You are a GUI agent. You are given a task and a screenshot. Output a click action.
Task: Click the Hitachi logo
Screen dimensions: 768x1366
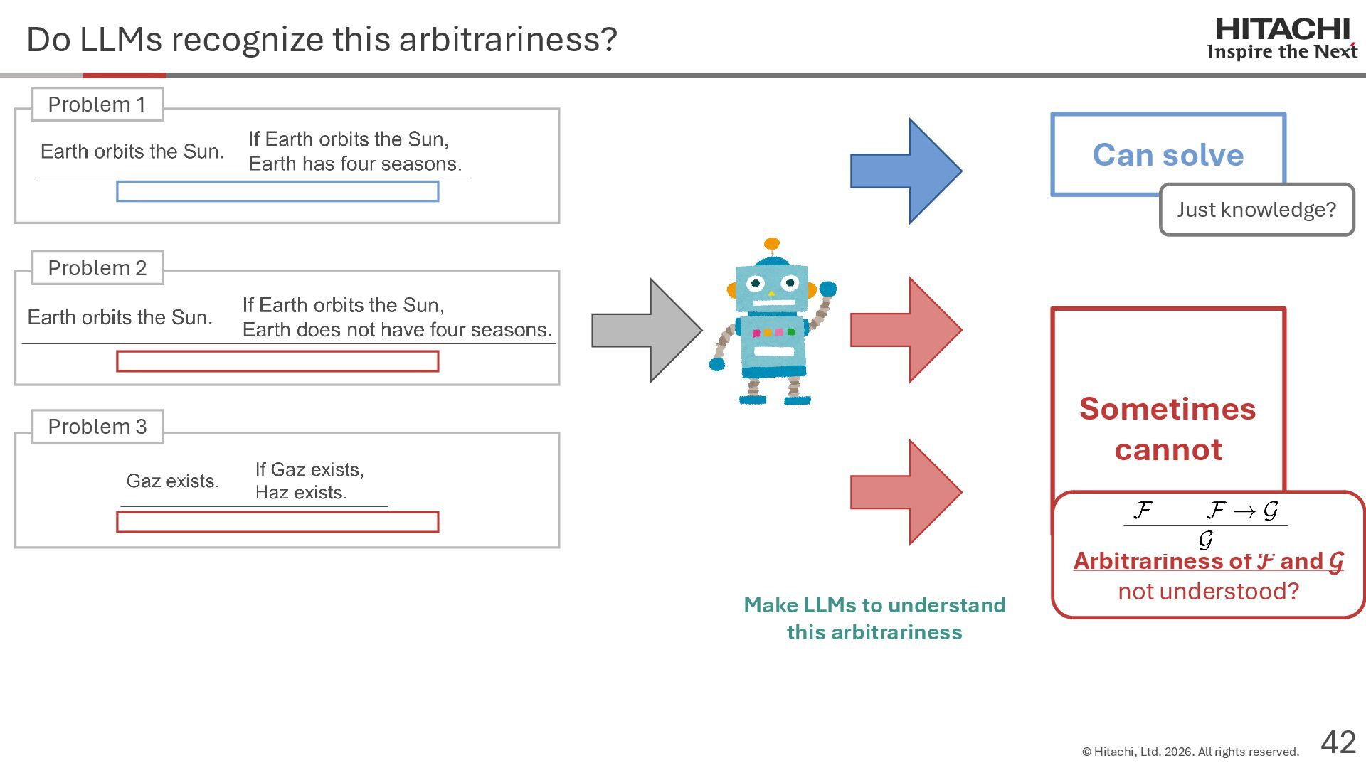pos(1282,38)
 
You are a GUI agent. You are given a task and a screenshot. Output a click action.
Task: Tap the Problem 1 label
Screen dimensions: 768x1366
pos(97,105)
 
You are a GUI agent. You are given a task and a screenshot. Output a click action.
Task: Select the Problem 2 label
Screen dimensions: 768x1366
pos(97,268)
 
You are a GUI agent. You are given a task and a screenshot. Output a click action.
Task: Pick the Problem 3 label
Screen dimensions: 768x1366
pos(97,427)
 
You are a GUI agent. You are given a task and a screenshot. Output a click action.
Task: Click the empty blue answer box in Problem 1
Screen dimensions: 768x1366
pos(277,191)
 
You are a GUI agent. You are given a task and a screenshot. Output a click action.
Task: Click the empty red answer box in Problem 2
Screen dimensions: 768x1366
pos(277,361)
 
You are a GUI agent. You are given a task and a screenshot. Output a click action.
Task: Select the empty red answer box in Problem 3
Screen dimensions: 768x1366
pos(277,522)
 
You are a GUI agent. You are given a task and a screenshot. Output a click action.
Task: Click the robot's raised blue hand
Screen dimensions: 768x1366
pos(827,289)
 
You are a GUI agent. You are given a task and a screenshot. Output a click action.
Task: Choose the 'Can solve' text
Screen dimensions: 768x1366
pos(1168,155)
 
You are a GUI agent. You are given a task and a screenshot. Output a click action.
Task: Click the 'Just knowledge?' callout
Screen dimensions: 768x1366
pos(1256,210)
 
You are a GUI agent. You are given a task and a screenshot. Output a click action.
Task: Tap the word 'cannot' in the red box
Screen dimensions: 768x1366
pos(1168,449)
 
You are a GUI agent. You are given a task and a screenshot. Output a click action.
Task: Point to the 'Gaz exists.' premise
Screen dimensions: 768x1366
pos(173,481)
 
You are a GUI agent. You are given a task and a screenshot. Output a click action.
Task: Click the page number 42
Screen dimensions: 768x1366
pos(1338,742)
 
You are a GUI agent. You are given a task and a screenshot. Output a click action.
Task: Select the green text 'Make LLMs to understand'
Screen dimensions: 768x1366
pos(874,605)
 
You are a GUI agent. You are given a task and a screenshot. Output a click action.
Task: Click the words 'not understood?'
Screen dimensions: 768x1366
pos(1208,591)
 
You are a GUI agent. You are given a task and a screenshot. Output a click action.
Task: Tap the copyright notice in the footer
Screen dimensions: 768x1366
pos(1190,752)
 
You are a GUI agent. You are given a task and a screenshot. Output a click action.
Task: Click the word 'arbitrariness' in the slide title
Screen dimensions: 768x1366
pos(508,39)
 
